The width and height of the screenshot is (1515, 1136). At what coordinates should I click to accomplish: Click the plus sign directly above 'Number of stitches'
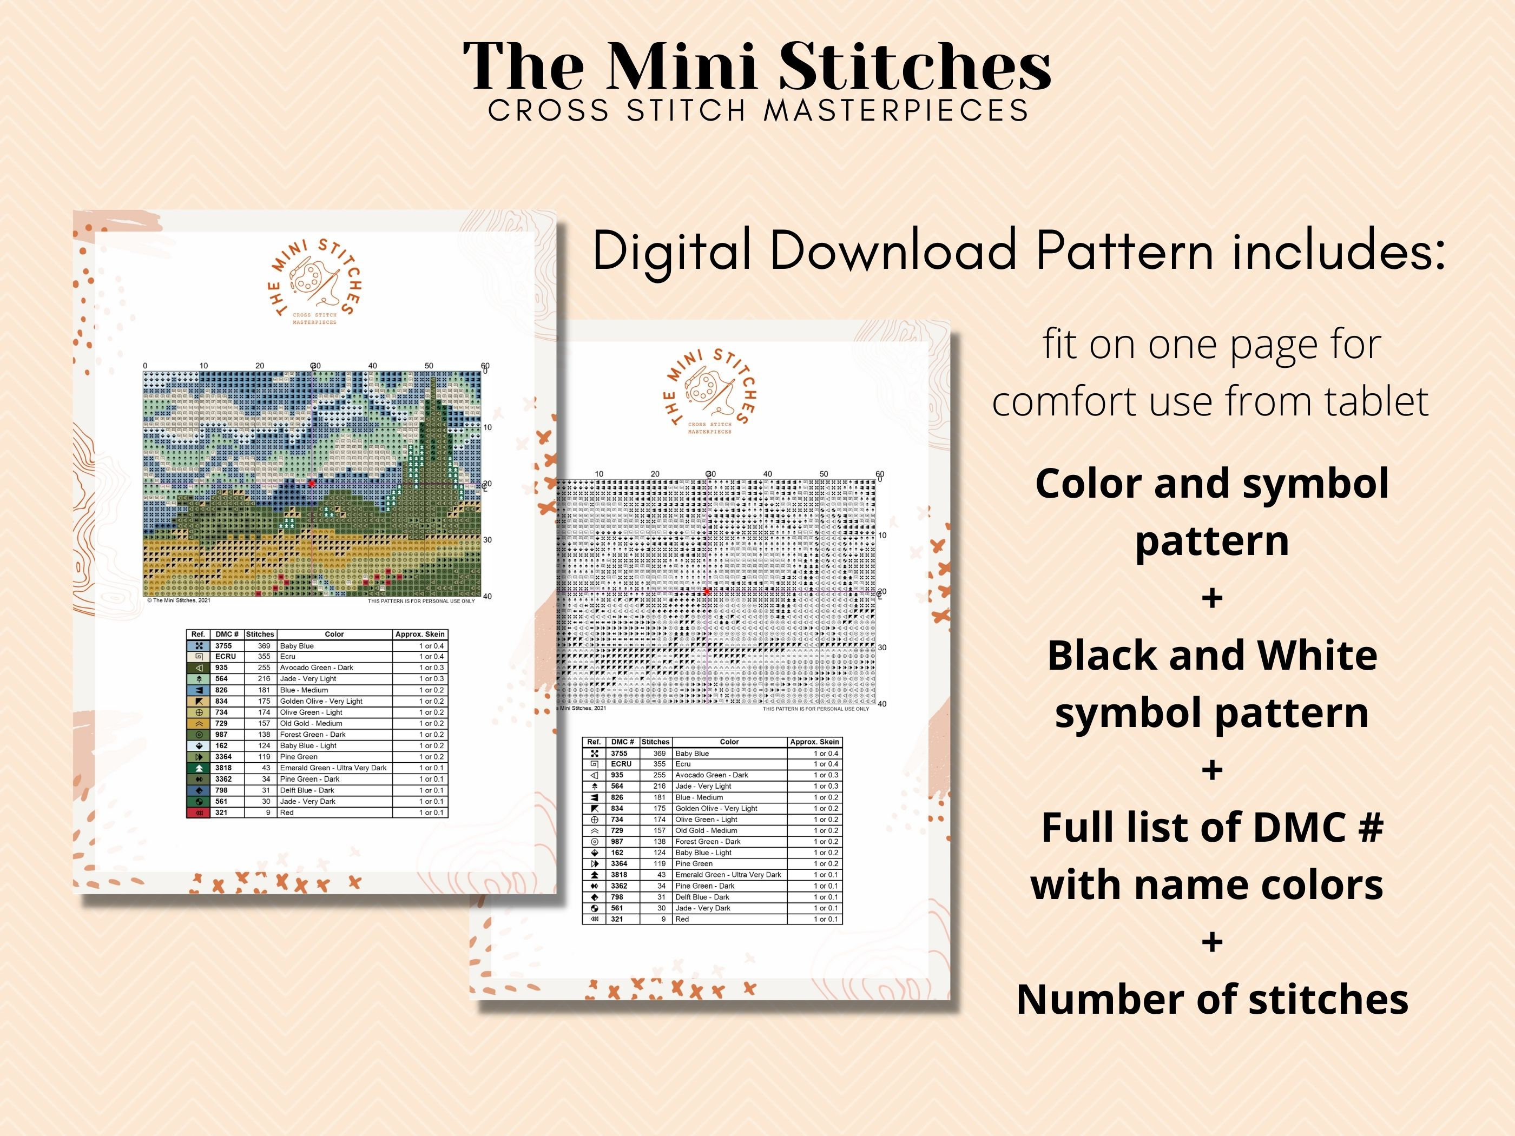click(x=1211, y=943)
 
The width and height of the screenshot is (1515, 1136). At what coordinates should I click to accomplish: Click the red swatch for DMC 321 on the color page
click(x=198, y=813)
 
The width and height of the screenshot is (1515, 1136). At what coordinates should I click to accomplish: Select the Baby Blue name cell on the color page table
click(x=297, y=646)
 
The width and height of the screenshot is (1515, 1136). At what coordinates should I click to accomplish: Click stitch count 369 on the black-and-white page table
click(x=659, y=753)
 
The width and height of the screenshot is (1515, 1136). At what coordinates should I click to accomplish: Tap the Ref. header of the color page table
click(x=198, y=635)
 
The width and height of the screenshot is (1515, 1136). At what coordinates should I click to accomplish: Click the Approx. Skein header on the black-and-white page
click(x=814, y=742)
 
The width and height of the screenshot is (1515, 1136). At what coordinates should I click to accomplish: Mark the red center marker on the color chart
click(x=312, y=484)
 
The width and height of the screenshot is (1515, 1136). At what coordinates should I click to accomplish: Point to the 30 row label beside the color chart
click(x=488, y=539)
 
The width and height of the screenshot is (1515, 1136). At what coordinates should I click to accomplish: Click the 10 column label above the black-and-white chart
click(x=600, y=474)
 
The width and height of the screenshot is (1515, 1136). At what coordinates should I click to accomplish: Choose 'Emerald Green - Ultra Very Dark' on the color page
click(x=333, y=768)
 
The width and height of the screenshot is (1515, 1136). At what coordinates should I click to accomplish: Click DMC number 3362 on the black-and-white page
click(x=619, y=886)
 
